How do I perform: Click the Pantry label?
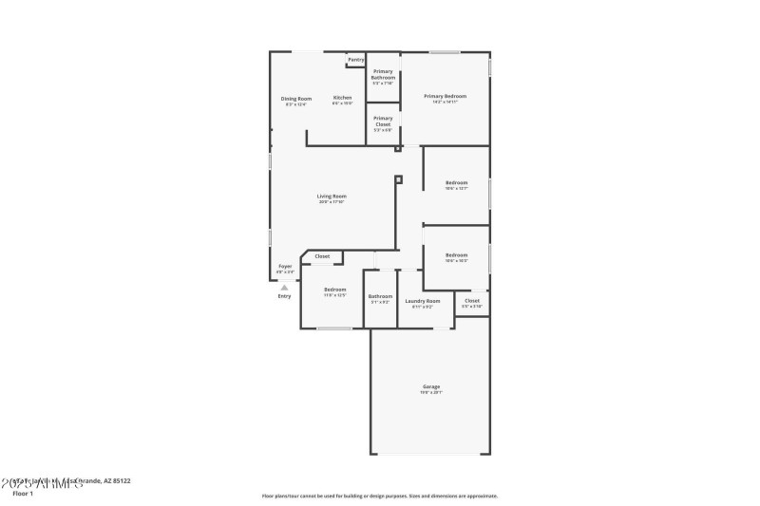click(x=355, y=60)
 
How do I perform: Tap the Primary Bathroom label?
click(x=383, y=74)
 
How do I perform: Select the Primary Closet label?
click(x=383, y=121)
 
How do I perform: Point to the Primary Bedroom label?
click(x=445, y=96)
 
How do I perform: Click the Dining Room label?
click(x=295, y=99)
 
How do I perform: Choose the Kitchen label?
click(x=342, y=99)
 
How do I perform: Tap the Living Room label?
click(x=332, y=197)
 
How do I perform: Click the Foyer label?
click(x=285, y=267)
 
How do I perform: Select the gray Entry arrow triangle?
click(x=283, y=287)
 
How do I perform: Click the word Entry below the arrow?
click(x=284, y=296)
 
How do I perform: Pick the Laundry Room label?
click(x=423, y=301)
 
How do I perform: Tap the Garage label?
click(x=431, y=386)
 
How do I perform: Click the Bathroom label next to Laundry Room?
click(x=380, y=296)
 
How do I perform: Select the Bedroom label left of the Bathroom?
click(x=334, y=290)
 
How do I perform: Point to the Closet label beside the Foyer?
click(x=322, y=256)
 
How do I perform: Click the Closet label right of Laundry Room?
click(x=471, y=301)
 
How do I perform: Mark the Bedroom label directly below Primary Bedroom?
click(x=457, y=182)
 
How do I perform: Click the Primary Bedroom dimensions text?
click(x=445, y=102)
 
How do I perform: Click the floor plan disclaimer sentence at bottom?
click(x=379, y=496)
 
